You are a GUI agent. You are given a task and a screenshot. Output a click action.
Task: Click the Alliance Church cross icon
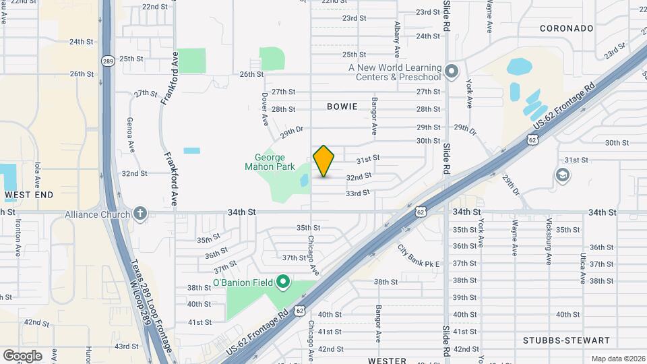(x=140, y=214)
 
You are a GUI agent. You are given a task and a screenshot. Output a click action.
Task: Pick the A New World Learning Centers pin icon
(x=452, y=71)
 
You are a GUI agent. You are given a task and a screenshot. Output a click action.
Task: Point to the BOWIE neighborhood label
(x=344, y=107)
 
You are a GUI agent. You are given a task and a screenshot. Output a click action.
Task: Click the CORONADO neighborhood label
(x=567, y=28)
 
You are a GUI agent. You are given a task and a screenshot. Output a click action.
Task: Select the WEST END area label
(x=29, y=195)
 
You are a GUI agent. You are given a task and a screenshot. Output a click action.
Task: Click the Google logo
(x=22, y=355)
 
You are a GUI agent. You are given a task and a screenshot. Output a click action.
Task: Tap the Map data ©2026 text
(x=617, y=359)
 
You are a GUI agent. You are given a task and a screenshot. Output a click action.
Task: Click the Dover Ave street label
(x=265, y=108)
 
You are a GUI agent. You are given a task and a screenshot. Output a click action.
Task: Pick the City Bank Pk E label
(x=418, y=255)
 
